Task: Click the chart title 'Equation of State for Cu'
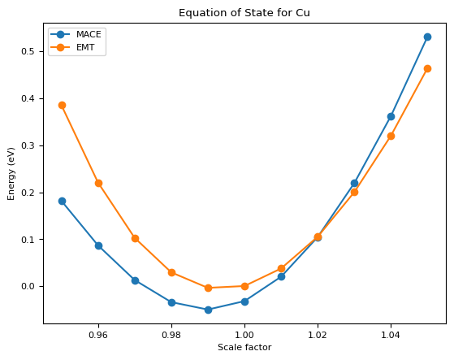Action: [244, 13]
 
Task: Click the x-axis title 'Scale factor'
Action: [244, 348]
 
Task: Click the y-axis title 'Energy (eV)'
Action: [12, 173]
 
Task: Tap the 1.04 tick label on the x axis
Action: [391, 334]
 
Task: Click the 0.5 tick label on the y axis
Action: [30, 51]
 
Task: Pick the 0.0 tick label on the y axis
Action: [30, 287]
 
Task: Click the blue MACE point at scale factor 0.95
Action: [62, 201]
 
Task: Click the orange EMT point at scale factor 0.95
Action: [62, 105]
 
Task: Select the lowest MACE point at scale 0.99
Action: [208, 310]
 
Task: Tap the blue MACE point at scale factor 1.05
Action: [427, 37]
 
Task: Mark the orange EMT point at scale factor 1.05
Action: [427, 68]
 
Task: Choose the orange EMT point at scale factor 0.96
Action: [98, 183]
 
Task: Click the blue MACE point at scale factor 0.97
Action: [135, 280]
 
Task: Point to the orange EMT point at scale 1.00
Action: [244, 286]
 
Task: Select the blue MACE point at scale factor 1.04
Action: [391, 116]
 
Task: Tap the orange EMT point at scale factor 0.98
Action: [171, 272]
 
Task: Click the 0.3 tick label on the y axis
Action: [30, 145]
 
